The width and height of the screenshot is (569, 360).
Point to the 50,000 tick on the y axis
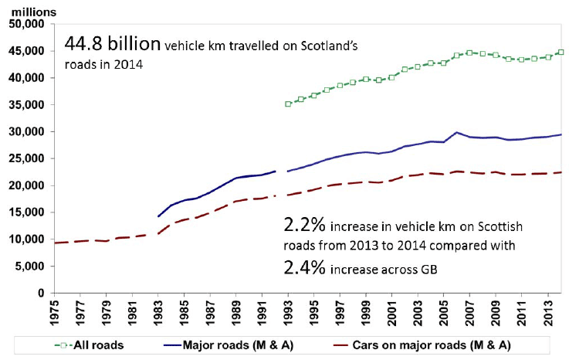(27, 24)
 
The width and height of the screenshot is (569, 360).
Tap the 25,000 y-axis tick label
(27, 158)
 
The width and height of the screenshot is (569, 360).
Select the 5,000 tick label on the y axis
(30, 267)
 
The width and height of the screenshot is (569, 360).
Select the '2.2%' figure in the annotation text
(303, 226)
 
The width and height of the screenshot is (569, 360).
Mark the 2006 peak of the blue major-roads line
(456, 133)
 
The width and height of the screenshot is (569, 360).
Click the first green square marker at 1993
(288, 104)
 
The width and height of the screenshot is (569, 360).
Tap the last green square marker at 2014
(561, 53)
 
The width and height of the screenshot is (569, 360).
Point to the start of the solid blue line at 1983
(158, 216)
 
